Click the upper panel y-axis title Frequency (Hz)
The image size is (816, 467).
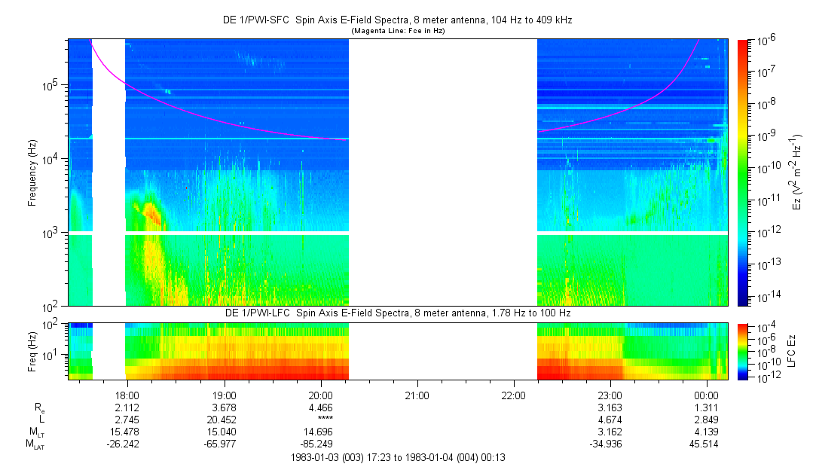[x=32, y=172]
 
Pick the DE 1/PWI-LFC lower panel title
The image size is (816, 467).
[x=396, y=313]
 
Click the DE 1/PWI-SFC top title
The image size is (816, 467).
[x=396, y=20]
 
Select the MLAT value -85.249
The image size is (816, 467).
[x=319, y=444]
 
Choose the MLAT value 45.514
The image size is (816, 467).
[x=705, y=444]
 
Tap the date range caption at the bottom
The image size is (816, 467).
[x=397, y=457]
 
